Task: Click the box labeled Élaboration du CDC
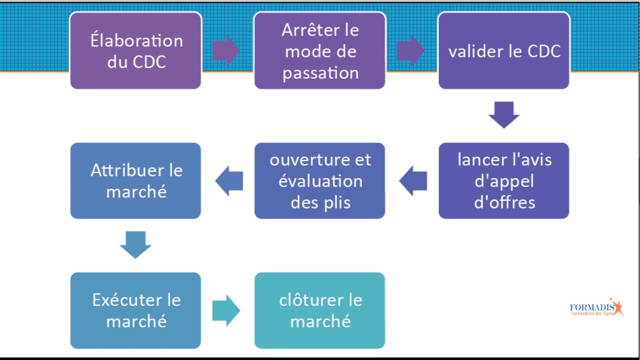pos(135,50)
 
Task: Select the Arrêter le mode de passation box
pos(320,50)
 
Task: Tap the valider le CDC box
pos(504,50)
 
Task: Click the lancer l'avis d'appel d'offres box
pos(504,180)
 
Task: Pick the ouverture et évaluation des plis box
pos(320,180)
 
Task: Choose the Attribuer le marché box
pos(135,180)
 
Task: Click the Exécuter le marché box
pos(135,310)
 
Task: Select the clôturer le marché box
pos(320,310)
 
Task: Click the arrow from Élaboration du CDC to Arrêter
pos(226,50)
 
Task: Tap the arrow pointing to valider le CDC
pos(411,50)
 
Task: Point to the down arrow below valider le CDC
pos(504,115)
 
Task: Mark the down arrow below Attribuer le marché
pos(135,244)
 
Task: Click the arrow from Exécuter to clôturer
pos(226,310)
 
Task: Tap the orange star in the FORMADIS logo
pos(617,307)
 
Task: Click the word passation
pos(320,73)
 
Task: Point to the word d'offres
pos(504,202)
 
